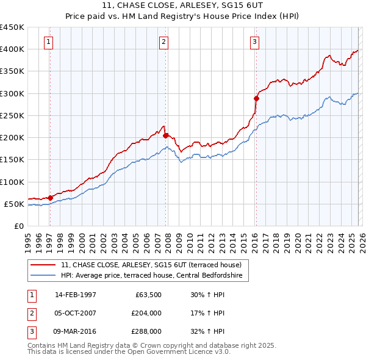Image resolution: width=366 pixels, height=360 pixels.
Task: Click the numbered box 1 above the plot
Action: [48, 42]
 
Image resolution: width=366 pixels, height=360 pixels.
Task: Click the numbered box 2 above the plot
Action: [164, 42]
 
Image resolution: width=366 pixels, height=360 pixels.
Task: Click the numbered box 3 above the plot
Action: [254, 42]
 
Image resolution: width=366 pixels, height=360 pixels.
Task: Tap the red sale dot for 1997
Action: [50, 198]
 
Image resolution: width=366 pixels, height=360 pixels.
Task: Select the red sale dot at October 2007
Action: [165, 135]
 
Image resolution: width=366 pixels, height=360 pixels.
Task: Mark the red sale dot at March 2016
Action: [256, 98]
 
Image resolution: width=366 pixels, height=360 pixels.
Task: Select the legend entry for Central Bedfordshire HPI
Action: [151, 276]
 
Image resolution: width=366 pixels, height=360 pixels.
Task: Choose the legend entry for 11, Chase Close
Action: [151, 265]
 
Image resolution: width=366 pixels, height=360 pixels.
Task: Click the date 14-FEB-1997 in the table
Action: [75, 295]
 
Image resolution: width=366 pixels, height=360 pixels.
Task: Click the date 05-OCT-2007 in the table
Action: [75, 313]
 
